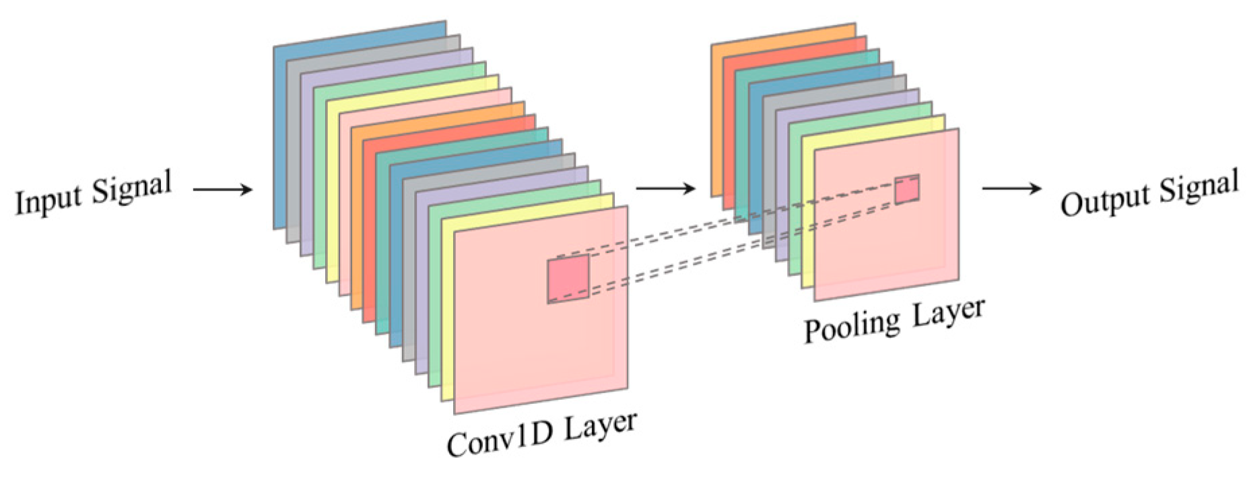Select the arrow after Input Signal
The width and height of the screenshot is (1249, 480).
[x=222, y=190]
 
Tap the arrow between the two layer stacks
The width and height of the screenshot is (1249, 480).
[x=665, y=188]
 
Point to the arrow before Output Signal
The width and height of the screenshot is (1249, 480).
[x=1011, y=188]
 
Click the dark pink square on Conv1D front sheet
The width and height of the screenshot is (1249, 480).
[x=568, y=278]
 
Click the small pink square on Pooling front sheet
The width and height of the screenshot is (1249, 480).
[x=906, y=189]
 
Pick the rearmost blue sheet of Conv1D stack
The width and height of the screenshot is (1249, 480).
[x=279, y=135]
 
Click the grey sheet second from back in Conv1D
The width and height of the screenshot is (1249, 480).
[x=292, y=148]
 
